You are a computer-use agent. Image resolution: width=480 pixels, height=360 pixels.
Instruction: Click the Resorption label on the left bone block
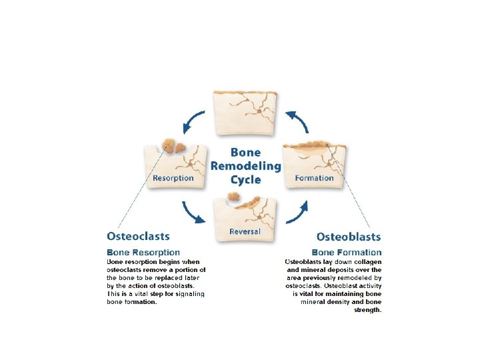[x=173, y=178]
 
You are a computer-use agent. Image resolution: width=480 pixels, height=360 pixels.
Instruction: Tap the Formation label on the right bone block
[x=314, y=178]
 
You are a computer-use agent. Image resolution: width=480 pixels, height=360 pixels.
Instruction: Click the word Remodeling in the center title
[x=245, y=166]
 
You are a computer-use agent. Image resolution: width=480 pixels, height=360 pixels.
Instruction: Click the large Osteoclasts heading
[x=138, y=236]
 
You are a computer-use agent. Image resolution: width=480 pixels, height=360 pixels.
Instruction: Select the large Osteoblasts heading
[x=348, y=237]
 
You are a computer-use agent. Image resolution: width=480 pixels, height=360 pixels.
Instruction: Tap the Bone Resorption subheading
[x=143, y=252]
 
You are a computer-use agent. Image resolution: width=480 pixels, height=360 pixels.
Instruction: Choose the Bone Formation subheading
[x=347, y=252]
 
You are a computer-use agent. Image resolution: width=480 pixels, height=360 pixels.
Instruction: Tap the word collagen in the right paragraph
[x=367, y=261]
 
